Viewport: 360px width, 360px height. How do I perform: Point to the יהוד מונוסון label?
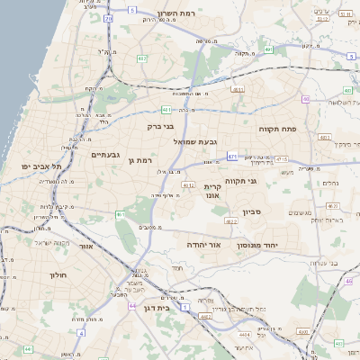pos(260,246)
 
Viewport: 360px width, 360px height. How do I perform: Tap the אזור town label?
pos(86,246)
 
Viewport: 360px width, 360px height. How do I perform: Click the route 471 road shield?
pos(232,157)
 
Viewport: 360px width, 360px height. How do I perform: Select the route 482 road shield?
pos(142,58)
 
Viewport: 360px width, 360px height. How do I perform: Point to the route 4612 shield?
pos(188,184)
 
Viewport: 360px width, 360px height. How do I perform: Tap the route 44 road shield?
pos(132,306)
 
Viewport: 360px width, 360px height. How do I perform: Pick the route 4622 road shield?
pos(231,220)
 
